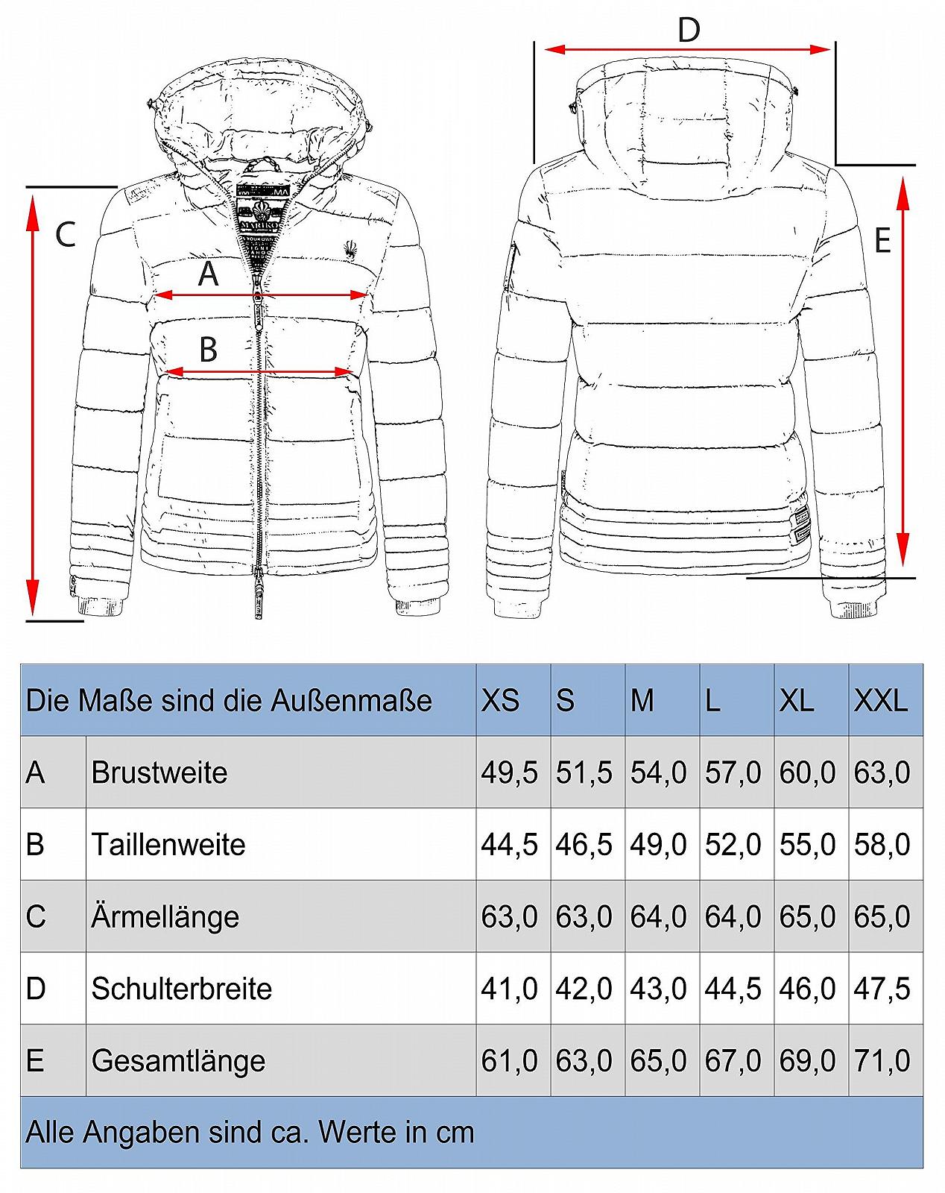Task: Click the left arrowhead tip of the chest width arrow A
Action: click(154, 295)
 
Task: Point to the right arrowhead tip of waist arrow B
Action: click(353, 371)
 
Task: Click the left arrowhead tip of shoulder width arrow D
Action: click(544, 49)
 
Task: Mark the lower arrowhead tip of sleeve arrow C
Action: click(34, 615)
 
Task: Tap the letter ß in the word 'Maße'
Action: click(129, 701)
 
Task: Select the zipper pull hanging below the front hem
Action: click(259, 599)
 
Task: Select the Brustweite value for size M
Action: click(659, 772)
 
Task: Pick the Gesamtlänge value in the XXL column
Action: click(882, 1060)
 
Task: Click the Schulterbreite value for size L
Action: click(733, 989)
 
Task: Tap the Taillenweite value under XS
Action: click(509, 844)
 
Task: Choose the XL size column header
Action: click(797, 701)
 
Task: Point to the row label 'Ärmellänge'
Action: click(165, 916)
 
